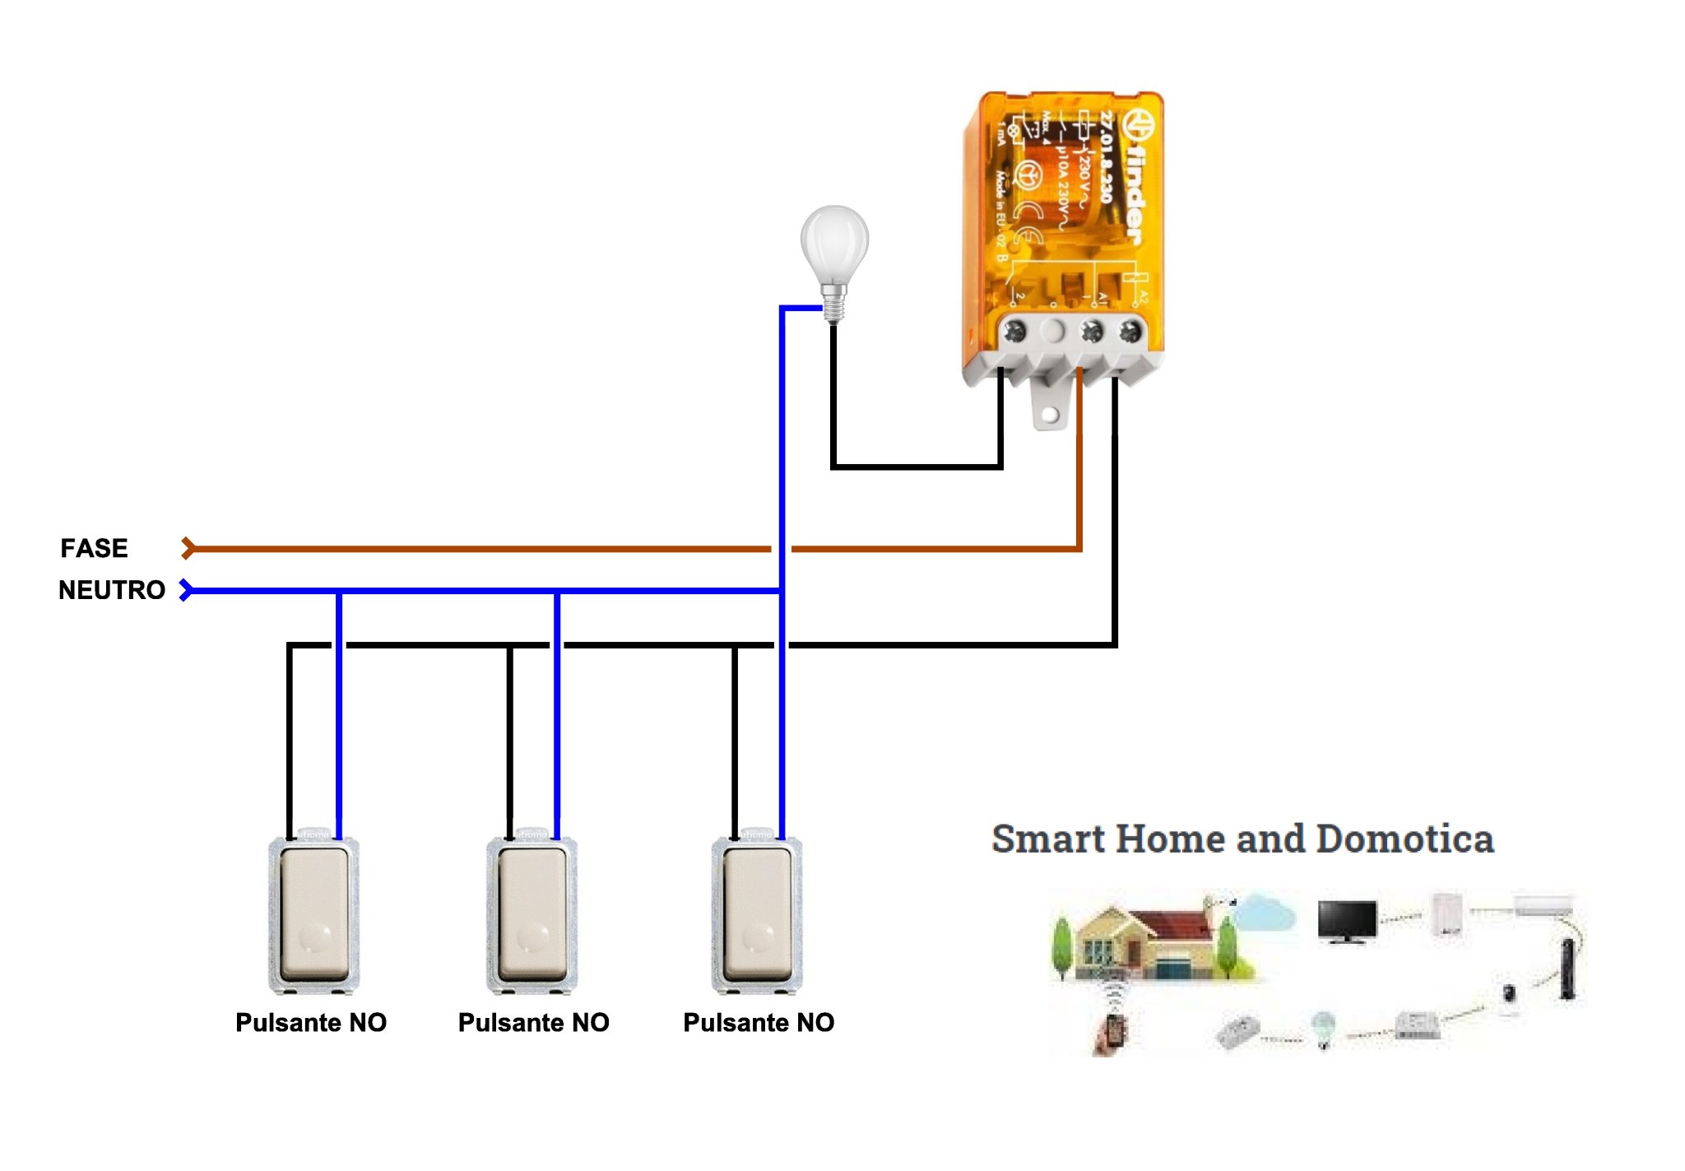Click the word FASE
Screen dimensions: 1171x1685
pyautogui.click(x=94, y=548)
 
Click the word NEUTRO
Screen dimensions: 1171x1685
pyautogui.click(x=112, y=590)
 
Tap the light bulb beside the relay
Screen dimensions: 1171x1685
pyautogui.click(x=834, y=247)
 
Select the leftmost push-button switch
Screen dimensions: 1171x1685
pyautogui.click(x=314, y=913)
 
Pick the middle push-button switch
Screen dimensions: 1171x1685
pyautogui.click(x=531, y=913)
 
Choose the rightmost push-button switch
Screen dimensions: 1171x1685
pyautogui.click(x=757, y=913)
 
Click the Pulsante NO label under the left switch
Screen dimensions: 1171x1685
pyautogui.click(x=311, y=1022)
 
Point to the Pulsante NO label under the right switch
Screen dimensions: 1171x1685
pyautogui.click(x=759, y=1022)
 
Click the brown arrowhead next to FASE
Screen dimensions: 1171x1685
pyautogui.click(x=188, y=548)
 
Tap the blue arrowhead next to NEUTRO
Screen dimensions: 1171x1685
pyautogui.click(x=187, y=590)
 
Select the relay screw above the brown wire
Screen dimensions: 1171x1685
pyautogui.click(x=1092, y=332)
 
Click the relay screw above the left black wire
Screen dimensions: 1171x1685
pyautogui.click(x=1015, y=332)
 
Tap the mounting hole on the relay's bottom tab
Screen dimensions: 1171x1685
pyautogui.click(x=1050, y=415)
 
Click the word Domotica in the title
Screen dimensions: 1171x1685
pyautogui.click(x=1404, y=839)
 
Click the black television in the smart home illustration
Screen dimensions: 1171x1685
pyautogui.click(x=1347, y=920)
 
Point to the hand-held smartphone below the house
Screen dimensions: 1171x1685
pyautogui.click(x=1112, y=1032)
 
